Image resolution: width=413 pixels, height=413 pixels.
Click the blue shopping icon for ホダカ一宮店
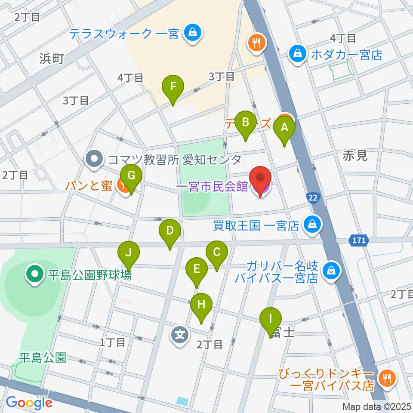(x=297, y=54)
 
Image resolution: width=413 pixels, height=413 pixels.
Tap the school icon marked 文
(x=180, y=334)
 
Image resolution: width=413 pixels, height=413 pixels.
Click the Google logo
(x=29, y=403)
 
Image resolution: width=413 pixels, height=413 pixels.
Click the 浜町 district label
(x=52, y=59)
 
